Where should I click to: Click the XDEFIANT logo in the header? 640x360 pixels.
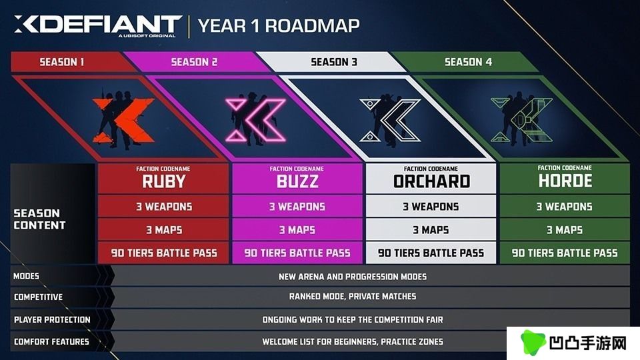[x=98, y=26]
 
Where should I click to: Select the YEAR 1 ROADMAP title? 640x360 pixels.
[x=279, y=26]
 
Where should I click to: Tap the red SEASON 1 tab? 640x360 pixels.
[x=62, y=62]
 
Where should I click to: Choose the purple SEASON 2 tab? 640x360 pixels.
[x=194, y=62]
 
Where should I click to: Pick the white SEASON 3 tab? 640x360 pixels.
[x=334, y=62]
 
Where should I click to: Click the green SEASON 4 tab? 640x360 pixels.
[x=468, y=62]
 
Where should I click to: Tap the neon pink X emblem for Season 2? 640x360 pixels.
[x=256, y=119]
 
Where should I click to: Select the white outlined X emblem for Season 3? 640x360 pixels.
[x=390, y=119]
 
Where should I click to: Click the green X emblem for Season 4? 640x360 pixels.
[x=522, y=119]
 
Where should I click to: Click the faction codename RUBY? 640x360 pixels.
[x=164, y=181]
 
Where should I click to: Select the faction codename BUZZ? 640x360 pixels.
[x=297, y=181]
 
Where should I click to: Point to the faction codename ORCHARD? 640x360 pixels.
[x=431, y=181]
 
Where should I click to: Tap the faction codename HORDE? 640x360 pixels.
[x=565, y=181]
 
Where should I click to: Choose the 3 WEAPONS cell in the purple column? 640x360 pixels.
[x=297, y=207]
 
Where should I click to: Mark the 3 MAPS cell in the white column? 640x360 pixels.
[x=431, y=230]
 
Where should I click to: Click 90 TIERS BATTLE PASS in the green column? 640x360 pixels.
[x=565, y=253]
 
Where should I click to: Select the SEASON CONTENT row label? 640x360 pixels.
[x=39, y=219]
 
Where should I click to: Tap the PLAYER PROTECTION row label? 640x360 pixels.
[x=52, y=319]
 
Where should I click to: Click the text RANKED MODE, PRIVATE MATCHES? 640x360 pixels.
[x=353, y=296]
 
